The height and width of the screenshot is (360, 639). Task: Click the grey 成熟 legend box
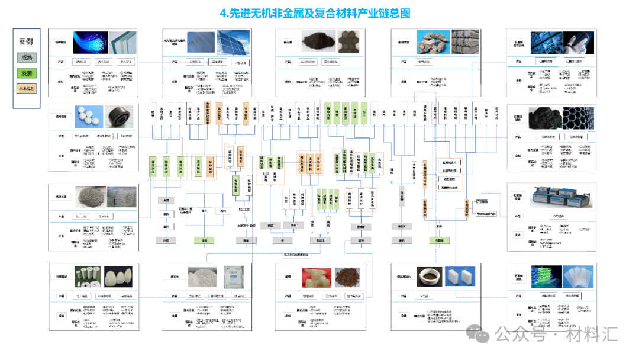coord(27,58)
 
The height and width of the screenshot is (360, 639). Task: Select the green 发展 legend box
coord(27,73)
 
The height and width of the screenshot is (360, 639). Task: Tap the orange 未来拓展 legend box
coord(27,88)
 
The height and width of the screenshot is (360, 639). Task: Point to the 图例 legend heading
coord(26,42)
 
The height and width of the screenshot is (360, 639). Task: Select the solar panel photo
coord(232,42)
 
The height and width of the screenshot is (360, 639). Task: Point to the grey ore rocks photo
coord(435,43)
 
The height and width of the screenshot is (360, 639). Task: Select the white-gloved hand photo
coord(579,43)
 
